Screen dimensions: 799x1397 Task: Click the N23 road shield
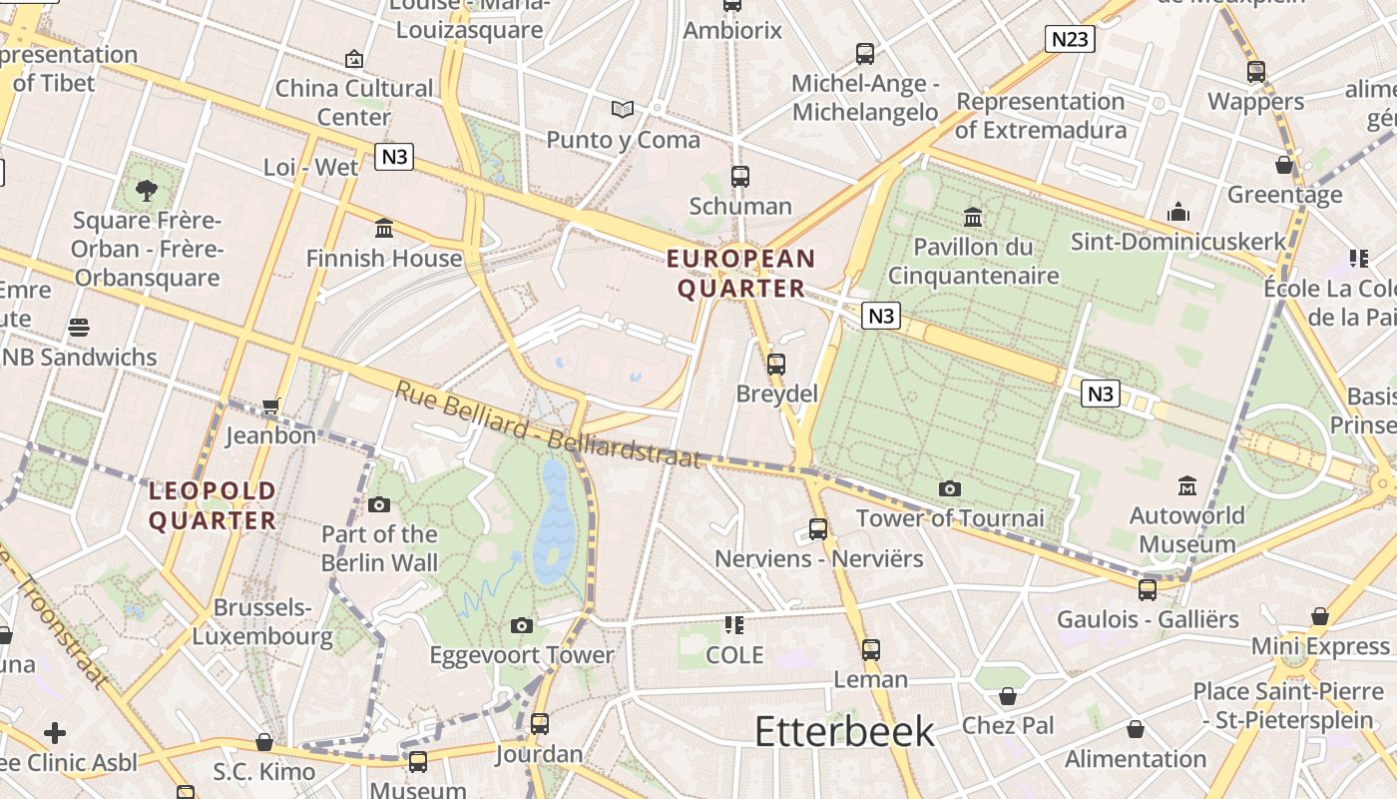pos(1070,39)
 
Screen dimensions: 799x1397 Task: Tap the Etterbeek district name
pos(844,731)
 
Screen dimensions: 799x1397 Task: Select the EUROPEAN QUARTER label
pos(740,274)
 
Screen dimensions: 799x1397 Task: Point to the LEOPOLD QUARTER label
pos(212,505)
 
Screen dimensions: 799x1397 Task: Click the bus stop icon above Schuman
pos(739,177)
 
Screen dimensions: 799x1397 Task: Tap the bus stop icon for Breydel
pos(776,365)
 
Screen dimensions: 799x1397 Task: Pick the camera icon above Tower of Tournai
pos(950,488)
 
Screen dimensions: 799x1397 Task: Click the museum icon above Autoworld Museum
pos(1186,486)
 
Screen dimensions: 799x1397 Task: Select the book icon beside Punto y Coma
pos(623,109)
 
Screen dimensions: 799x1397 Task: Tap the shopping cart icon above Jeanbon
pos(270,406)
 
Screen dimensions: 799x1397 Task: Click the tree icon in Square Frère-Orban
pos(147,190)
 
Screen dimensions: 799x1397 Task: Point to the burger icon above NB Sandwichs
pos(79,328)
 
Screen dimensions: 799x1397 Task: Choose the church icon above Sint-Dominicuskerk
pos(1178,212)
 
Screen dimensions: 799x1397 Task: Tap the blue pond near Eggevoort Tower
pos(554,519)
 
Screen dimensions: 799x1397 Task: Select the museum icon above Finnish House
pos(384,229)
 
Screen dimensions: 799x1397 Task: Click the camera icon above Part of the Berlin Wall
pos(379,504)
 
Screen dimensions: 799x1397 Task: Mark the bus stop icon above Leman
pos(871,650)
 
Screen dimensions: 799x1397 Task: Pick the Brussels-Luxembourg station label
pos(261,621)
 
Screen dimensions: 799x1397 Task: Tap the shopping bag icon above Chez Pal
pos(1008,696)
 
